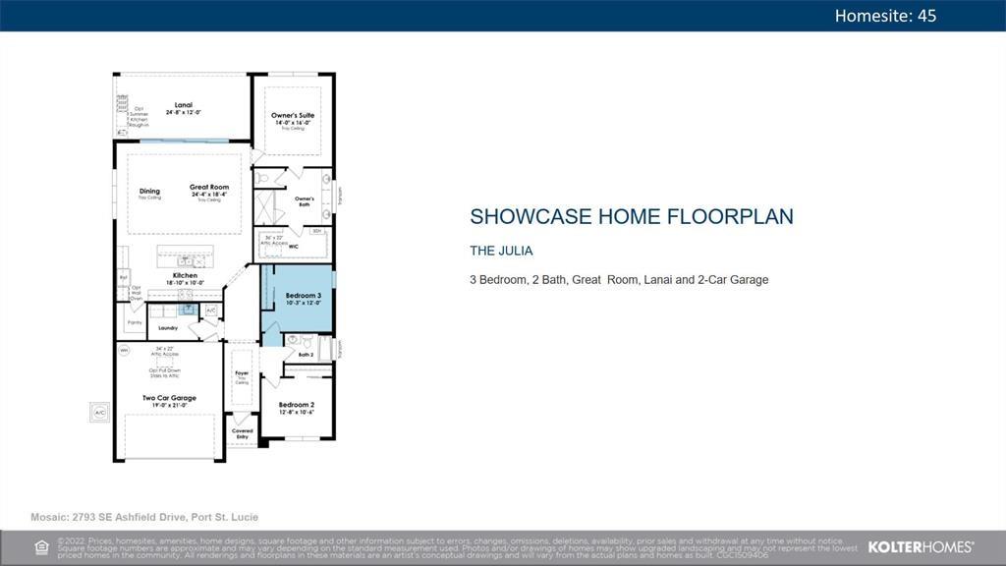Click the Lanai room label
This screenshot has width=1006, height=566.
tap(183, 105)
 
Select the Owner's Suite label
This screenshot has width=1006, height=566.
tap(293, 116)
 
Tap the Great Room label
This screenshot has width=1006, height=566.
tap(209, 188)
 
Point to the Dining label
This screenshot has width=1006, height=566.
tap(149, 192)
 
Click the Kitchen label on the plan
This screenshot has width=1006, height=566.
tap(185, 276)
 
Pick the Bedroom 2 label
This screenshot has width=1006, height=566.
tap(296, 405)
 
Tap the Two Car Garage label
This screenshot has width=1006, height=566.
tap(169, 398)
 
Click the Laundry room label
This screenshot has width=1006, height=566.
tap(168, 327)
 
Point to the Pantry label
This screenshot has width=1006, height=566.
tap(135, 322)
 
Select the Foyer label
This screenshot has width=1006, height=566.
tap(242, 373)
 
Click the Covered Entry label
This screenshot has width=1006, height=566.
tap(242, 433)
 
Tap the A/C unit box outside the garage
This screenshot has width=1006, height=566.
tap(99, 413)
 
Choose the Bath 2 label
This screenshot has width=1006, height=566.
tap(306, 355)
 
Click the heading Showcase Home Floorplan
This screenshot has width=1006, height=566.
tap(631, 217)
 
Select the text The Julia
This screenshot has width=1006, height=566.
tap(501, 251)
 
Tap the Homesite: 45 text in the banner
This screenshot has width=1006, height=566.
tap(884, 15)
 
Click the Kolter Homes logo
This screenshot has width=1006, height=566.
tap(920, 547)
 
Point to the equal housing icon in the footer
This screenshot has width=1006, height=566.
tap(42, 547)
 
